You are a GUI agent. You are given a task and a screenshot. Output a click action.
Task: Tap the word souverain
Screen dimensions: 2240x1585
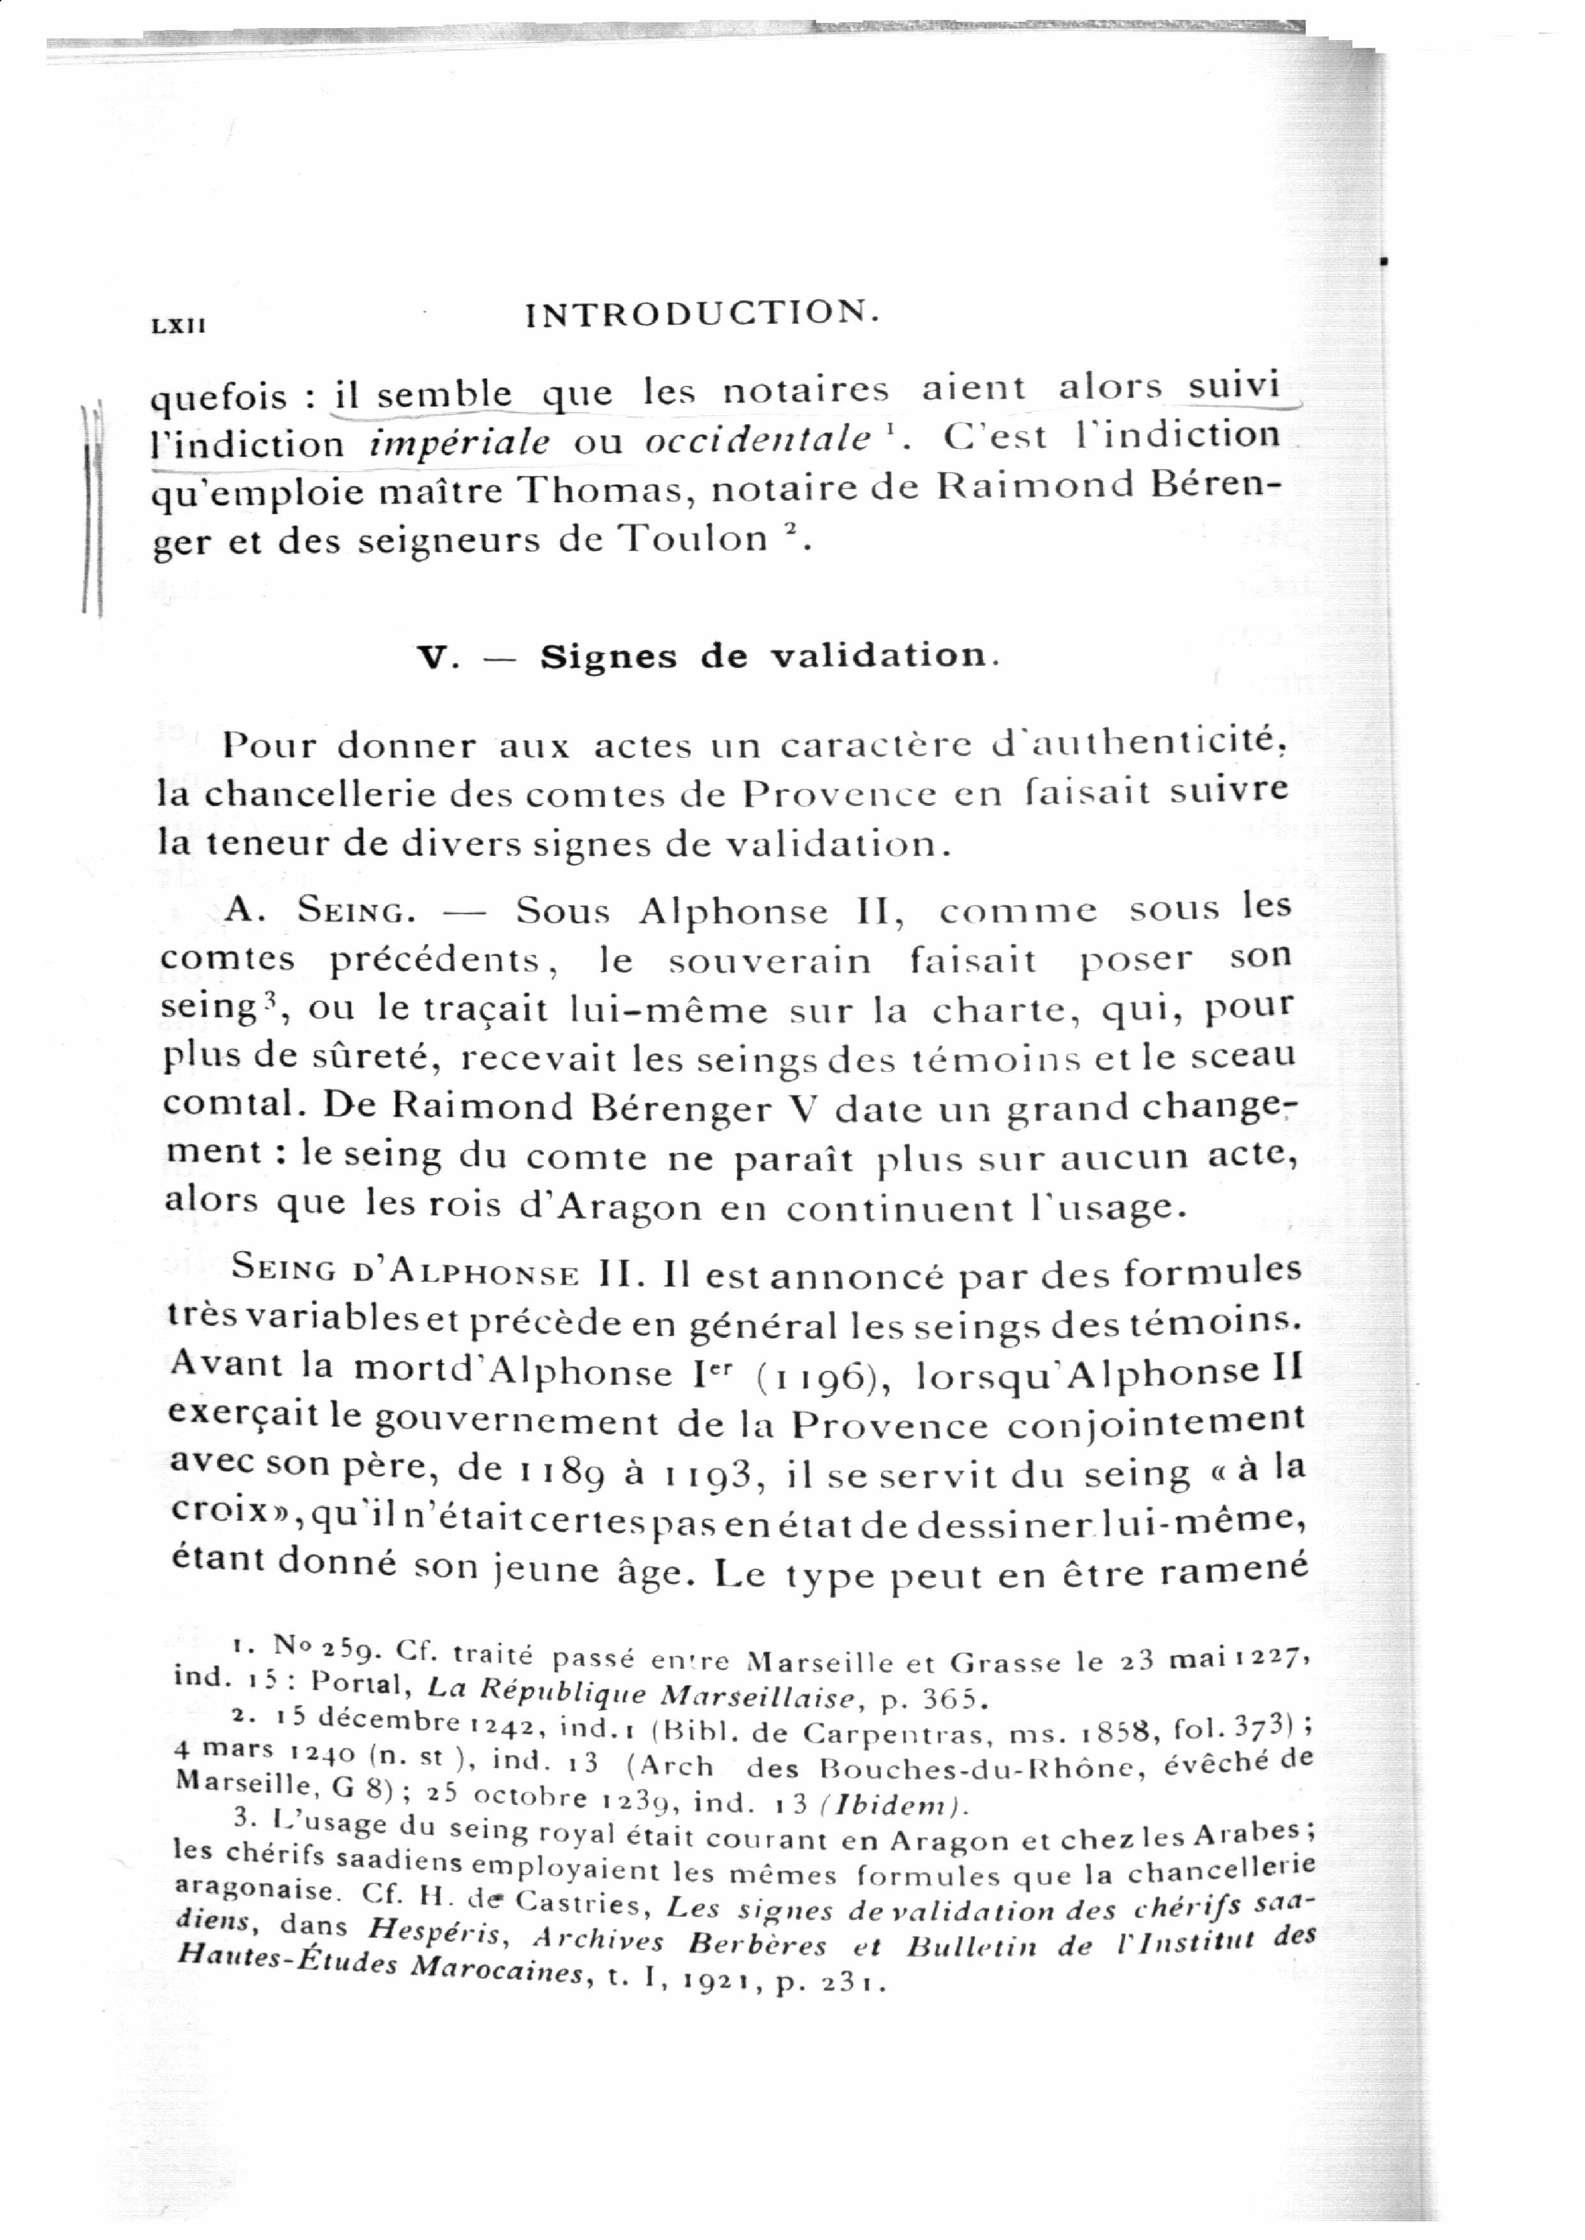[x=769, y=961]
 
